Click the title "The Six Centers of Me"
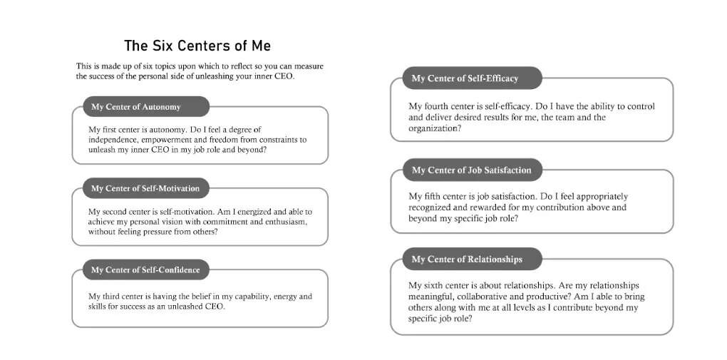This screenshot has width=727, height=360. pyautogui.click(x=197, y=46)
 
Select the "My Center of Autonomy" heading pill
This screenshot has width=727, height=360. pyautogui.click(x=136, y=107)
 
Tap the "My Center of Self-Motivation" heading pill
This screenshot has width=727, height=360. pyautogui.click(x=140, y=188)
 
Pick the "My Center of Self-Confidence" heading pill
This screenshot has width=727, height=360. pyautogui.click(x=140, y=270)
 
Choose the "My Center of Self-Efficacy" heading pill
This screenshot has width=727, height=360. pyautogui.click(x=465, y=78)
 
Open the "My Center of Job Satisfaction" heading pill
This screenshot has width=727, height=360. pyautogui.click(x=471, y=170)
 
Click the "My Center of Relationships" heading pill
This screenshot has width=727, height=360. pyautogui.click(x=467, y=259)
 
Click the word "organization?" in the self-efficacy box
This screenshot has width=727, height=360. pyautogui.click(x=434, y=128)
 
